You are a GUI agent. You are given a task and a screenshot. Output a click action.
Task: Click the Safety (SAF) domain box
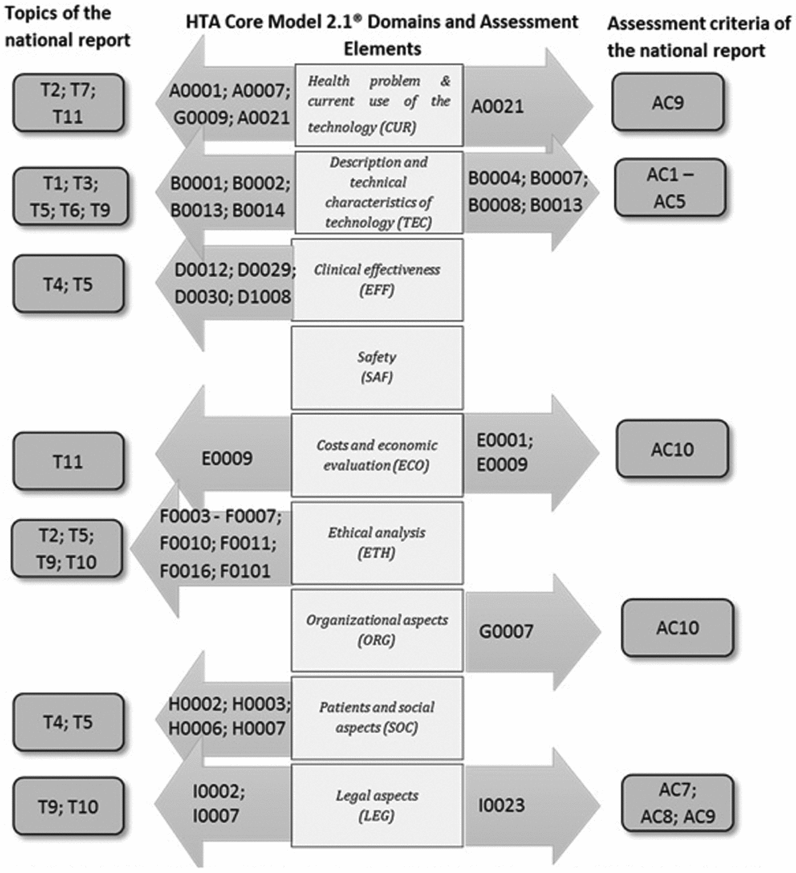pos(377,367)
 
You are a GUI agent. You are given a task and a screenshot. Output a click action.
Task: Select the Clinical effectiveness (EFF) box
pos(377,280)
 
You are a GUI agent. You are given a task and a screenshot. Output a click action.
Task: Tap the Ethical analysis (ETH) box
pos(377,542)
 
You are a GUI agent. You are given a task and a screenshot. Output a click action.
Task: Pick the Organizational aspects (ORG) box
pos(377,630)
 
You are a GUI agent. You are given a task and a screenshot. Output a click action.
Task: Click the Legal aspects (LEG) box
pos(377,805)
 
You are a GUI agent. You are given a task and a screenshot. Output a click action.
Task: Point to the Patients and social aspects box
pos(377,717)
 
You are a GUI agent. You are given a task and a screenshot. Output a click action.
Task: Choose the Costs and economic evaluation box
pos(377,455)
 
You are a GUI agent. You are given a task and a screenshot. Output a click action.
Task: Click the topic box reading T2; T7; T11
pos(68,103)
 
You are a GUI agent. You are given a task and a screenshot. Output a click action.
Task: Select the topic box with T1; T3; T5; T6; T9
pos(69,196)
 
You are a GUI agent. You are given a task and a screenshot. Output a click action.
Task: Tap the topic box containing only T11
pos(68,461)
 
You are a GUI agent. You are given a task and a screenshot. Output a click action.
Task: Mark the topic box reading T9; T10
pos(68,807)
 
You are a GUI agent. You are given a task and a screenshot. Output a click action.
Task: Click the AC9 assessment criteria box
pos(667,102)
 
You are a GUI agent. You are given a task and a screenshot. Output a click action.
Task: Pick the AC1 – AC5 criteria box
pos(669,188)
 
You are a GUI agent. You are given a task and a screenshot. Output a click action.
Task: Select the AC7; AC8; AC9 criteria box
pos(677,803)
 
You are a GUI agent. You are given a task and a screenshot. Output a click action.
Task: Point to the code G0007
pos(506,631)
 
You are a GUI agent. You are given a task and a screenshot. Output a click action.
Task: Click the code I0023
pos(501,805)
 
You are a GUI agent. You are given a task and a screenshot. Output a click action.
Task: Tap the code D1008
pos(265,296)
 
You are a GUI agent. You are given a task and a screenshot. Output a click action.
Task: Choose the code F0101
pos(245,571)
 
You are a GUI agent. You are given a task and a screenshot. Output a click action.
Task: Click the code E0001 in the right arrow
pos(504,440)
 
